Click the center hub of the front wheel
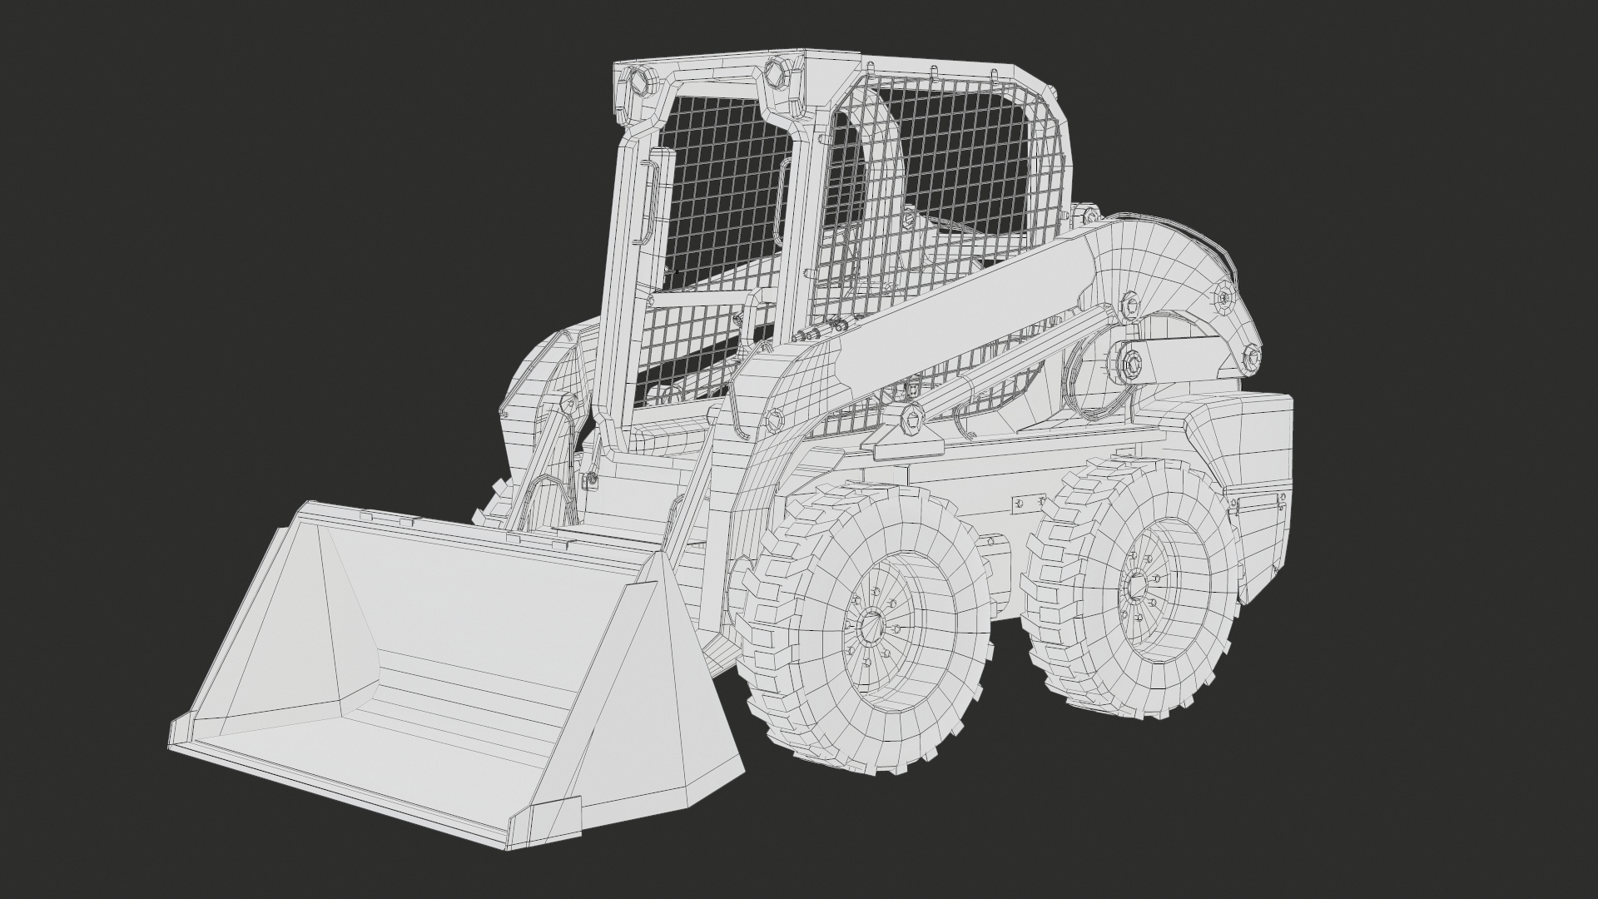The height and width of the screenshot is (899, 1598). click(x=873, y=624)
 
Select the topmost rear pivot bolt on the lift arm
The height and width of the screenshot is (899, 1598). click(x=1225, y=296)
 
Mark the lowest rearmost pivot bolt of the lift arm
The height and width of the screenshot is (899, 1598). click(x=1251, y=359)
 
